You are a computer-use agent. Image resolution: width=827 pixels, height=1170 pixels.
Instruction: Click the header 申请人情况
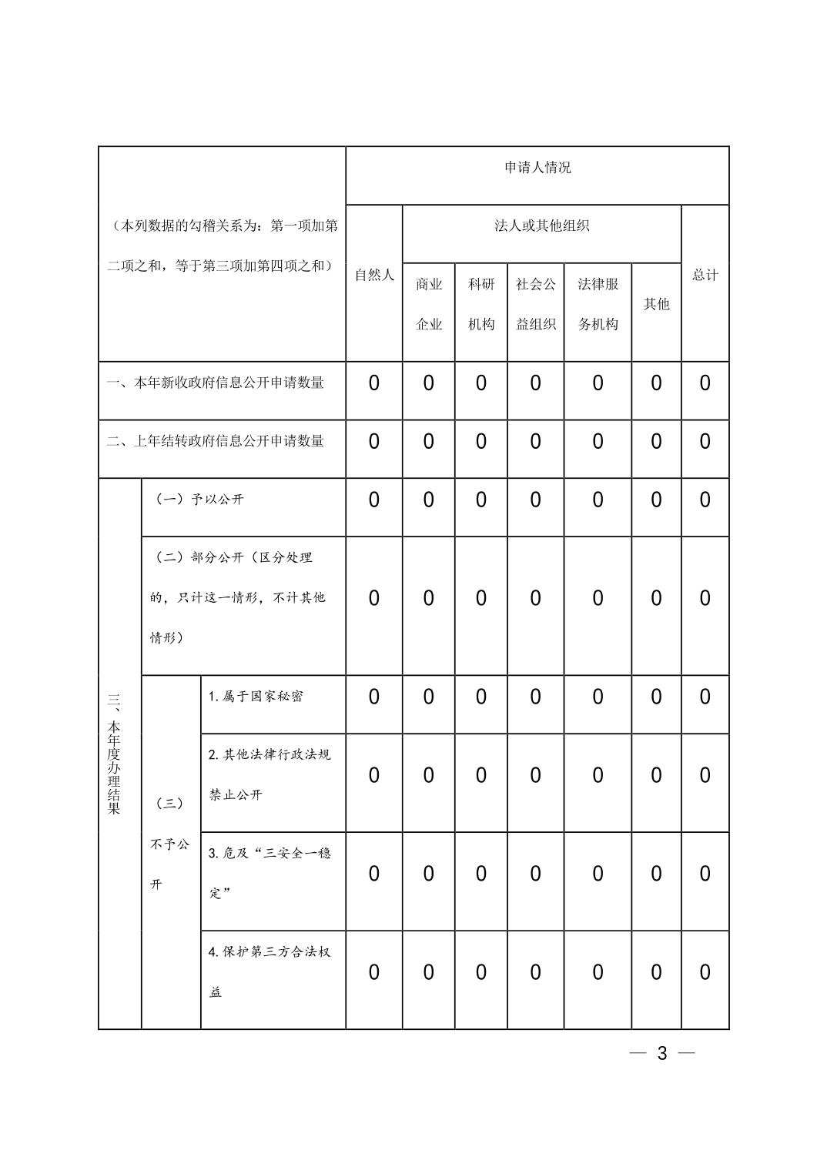click(537, 168)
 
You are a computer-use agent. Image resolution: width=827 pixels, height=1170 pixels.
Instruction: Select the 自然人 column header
click(374, 275)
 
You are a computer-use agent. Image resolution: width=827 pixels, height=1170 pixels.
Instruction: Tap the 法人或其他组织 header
click(541, 226)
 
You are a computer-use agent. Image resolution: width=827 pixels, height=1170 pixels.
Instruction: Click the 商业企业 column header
click(429, 304)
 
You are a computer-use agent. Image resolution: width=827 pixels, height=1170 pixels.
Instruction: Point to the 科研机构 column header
click(481, 304)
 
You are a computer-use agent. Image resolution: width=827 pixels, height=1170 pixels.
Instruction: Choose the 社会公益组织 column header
click(536, 304)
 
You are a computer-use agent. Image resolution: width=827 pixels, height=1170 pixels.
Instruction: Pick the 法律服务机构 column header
click(598, 304)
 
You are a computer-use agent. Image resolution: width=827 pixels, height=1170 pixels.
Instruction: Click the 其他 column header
click(656, 304)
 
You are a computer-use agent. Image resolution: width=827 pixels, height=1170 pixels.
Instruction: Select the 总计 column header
click(705, 275)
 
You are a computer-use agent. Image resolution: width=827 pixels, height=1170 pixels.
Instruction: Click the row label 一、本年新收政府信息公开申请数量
click(216, 383)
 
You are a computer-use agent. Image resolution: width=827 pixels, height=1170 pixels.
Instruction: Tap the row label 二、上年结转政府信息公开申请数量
click(216, 441)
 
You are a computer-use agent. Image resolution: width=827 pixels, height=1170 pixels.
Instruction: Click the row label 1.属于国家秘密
click(256, 697)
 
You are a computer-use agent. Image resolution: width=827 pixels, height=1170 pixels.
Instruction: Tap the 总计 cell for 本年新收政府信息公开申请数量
click(705, 383)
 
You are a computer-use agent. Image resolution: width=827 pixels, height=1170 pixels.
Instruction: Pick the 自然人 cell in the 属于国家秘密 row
click(374, 697)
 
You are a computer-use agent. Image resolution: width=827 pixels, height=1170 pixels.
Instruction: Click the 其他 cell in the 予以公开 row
click(656, 500)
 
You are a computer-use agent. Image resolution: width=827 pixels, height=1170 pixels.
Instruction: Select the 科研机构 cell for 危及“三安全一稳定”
click(481, 874)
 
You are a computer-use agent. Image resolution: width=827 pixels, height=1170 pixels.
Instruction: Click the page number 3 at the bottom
click(662, 1054)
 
